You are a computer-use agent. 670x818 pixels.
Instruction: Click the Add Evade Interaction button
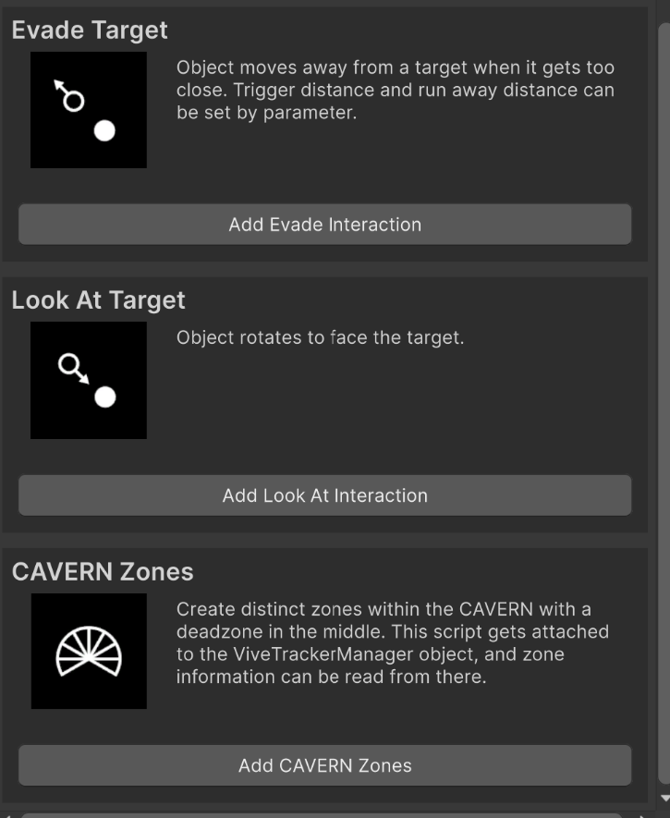point(324,225)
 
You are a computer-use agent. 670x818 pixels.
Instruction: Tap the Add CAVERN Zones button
point(324,765)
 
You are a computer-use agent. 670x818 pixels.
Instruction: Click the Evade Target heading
point(90,31)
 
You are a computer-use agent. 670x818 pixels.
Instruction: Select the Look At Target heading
point(98,300)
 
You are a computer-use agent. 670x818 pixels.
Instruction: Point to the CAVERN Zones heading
point(103,572)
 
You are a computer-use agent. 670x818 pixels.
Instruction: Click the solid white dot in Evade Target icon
point(104,131)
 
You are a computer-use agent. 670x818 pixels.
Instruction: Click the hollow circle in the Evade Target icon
point(74,101)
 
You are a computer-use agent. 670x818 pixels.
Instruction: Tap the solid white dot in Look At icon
point(104,397)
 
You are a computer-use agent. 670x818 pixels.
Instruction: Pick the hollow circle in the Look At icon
point(68,364)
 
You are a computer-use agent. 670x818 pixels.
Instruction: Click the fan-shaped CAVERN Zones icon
point(89,651)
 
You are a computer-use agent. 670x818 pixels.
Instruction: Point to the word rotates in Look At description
point(270,337)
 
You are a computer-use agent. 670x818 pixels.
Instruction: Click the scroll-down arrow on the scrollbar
point(664,799)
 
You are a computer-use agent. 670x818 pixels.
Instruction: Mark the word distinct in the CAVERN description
point(273,609)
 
